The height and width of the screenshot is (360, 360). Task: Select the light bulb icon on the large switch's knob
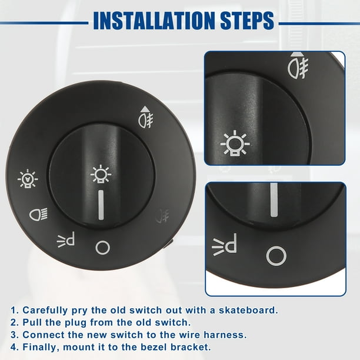[100, 174]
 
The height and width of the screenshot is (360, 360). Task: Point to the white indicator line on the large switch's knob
[101, 205]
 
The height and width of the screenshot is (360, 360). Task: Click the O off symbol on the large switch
[102, 248]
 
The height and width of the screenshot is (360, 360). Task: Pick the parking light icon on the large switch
[66, 240]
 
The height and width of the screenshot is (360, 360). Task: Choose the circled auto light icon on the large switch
[28, 178]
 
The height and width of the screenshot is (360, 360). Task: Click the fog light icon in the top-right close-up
[296, 65]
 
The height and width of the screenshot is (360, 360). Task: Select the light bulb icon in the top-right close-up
[235, 143]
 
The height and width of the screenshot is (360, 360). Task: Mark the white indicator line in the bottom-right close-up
[274, 204]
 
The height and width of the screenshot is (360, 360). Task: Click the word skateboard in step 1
[249, 309]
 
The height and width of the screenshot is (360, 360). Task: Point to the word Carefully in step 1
[46, 309]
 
